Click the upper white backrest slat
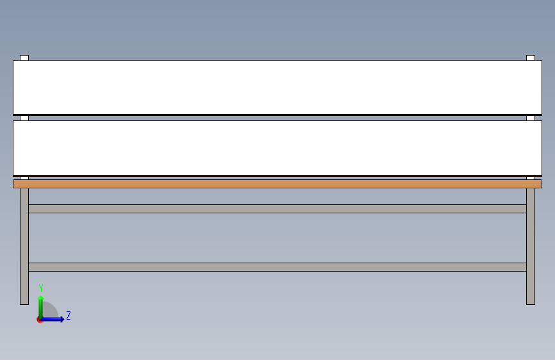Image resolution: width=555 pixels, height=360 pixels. (277, 87)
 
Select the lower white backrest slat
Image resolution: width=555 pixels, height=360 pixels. (277, 147)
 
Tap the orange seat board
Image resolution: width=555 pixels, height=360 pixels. (277, 184)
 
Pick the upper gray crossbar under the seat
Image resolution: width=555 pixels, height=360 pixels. (277, 209)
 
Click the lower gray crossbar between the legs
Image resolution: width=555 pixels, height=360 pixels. (277, 267)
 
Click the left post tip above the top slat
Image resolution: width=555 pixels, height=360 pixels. (24, 58)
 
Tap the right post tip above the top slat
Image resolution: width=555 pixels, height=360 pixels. (531, 58)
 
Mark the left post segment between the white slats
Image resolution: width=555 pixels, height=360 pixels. (24, 118)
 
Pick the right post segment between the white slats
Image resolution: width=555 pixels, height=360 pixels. (531, 118)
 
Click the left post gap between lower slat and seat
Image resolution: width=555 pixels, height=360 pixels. (24, 177)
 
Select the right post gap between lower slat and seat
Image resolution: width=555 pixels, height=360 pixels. (531, 177)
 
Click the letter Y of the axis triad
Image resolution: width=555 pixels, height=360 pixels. (41, 288)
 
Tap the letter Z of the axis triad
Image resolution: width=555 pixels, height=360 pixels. (68, 316)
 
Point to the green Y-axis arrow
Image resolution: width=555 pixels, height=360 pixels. (41, 304)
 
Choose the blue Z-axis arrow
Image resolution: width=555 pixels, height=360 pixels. (54, 319)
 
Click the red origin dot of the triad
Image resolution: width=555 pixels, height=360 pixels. (40, 320)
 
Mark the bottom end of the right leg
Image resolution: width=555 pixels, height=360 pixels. (531, 302)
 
